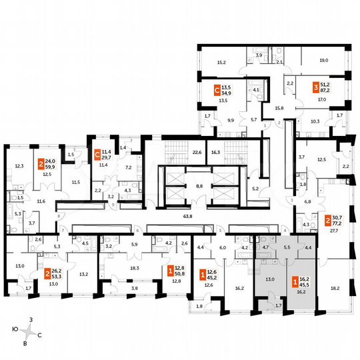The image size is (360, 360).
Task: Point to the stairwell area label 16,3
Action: click(x=214, y=152)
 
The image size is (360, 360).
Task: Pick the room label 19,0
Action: click(x=323, y=60)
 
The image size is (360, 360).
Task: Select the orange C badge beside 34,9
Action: click(x=217, y=90)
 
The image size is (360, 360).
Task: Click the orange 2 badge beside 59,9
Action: click(x=41, y=163)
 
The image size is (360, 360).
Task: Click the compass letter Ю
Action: click(x=13, y=329)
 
